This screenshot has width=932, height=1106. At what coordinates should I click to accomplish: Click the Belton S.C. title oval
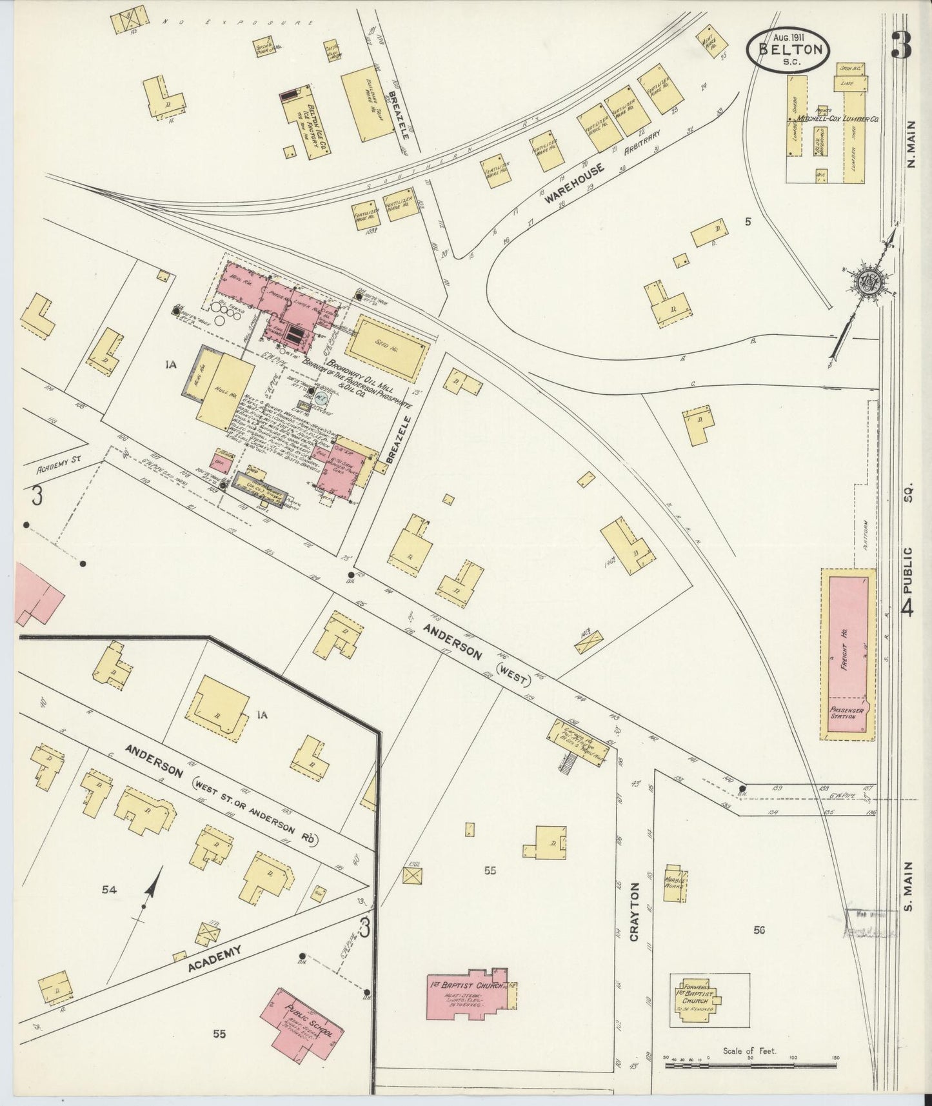click(x=788, y=50)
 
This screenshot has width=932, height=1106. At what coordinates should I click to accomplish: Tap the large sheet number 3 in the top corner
click(x=901, y=45)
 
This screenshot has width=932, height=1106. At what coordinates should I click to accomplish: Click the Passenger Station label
click(x=847, y=713)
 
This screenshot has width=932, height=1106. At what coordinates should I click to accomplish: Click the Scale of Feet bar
click(x=751, y=1065)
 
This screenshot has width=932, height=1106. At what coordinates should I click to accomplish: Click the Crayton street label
click(x=634, y=903)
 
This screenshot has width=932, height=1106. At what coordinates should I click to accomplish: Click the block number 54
click(x=109, y=890)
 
